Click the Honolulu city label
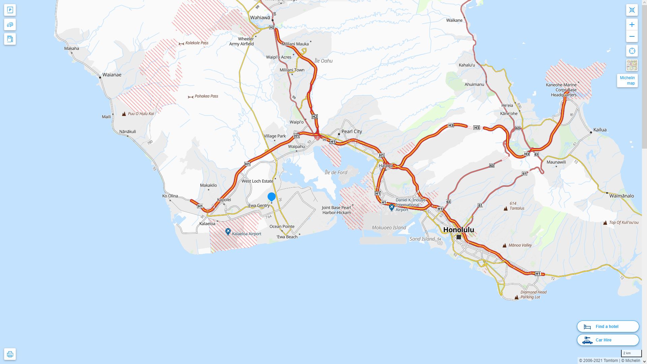(459, 230)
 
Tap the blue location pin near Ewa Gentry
(272, 196)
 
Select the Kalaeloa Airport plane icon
(228, 232)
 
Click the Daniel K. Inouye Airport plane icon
(392, 207)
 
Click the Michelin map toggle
(627, 81)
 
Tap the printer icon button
(10, 354)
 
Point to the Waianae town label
(112, 74)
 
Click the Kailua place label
(600, 130)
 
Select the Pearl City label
(352, 131)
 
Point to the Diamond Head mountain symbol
(517, 297)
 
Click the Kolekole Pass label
(197, 43)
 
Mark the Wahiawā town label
(260, 18)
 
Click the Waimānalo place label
(622, 196)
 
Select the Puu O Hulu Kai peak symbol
(124, 114)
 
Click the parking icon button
(10, 10)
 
